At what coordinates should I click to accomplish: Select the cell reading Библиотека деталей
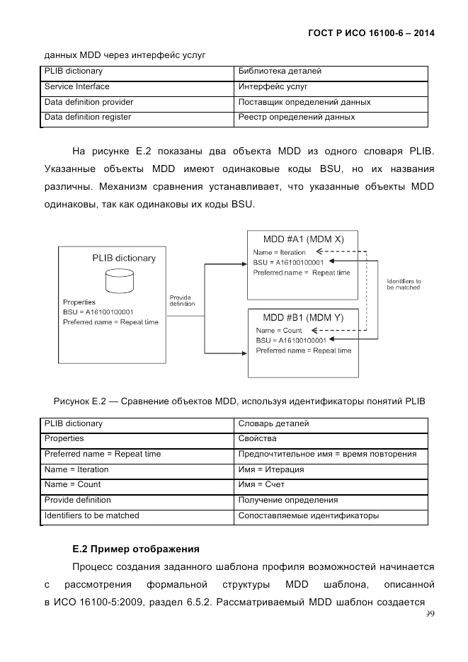280,72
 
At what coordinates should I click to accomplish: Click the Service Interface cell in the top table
77,87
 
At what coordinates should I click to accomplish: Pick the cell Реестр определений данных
297,118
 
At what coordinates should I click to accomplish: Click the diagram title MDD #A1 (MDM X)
303,239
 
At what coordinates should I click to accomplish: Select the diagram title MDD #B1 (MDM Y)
303,318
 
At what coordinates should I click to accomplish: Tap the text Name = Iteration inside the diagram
280,252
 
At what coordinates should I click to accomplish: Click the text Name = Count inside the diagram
278,331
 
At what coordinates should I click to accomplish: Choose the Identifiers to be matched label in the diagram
404,285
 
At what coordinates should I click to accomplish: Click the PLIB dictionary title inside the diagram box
124,258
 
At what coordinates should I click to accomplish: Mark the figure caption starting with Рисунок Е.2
239,401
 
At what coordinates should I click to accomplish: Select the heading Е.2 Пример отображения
136,549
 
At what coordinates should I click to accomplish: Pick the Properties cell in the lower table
64,439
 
